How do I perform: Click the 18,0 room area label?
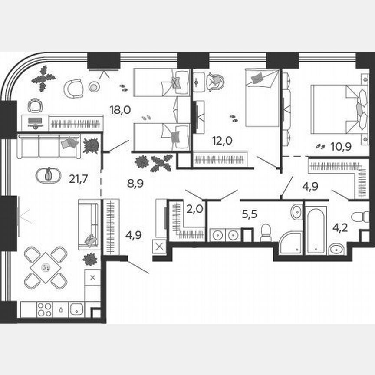click(x=120, y=110)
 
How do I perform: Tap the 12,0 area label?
click(x=221, y=141)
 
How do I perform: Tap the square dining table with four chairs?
click(x=46, y=268)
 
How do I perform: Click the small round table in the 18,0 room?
click(x=93, y=87)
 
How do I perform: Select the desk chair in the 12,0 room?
click(x=215, y=81)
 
